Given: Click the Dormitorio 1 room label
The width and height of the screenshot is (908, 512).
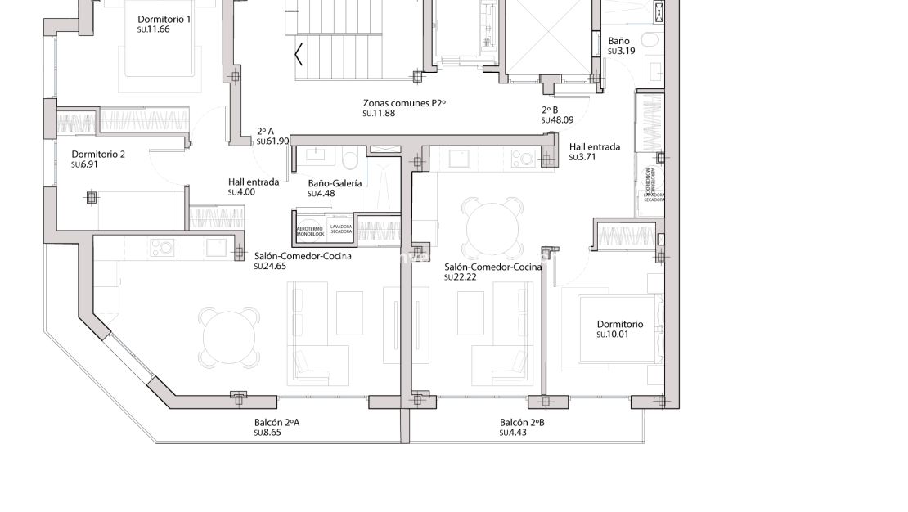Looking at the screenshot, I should click(x=164, y=19).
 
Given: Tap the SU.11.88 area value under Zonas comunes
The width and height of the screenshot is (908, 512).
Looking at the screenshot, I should click(x=379, y=114).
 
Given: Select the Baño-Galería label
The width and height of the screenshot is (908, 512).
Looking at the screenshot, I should click(x=335, y=184).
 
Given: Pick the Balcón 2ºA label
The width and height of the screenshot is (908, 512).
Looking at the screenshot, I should click(x=276, y=423).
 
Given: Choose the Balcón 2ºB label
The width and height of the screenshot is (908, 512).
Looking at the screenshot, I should click(x=522, y=423).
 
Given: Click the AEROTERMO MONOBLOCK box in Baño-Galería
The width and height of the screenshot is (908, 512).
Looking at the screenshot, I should click(x=310, y=231).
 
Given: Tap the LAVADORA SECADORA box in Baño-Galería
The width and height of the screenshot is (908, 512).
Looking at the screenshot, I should click(x=341, y=230).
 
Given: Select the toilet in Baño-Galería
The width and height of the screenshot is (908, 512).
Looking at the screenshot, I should click(x=348, y=157).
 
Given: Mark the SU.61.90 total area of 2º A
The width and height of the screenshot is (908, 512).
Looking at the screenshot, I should click(x=273, y=141).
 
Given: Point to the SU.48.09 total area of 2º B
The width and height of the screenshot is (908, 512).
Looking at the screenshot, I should click(x=557, y=120).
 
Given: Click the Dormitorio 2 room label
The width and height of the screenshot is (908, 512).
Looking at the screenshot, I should click(x=98, y=155).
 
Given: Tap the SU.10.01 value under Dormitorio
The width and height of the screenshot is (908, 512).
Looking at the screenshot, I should click(x=613, y=335).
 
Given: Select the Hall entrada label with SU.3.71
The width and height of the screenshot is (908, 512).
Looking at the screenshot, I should click(x=594, y=147).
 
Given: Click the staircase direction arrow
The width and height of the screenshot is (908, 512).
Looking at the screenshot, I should click(x=299, y=56).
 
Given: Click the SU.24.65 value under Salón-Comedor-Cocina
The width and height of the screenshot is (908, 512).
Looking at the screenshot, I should click(x=270, y=267).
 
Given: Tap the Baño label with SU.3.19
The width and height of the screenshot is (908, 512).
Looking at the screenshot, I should click(x=618, y=40).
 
